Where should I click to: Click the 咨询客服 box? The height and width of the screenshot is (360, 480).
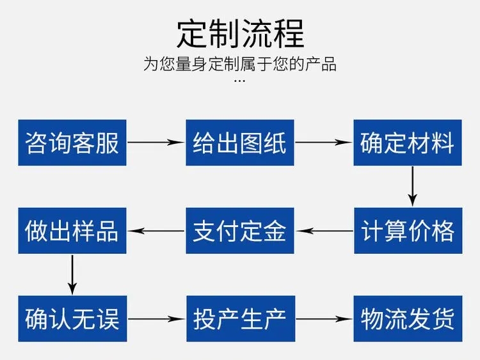[72, 143]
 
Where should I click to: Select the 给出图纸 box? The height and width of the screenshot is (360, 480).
[240, 143]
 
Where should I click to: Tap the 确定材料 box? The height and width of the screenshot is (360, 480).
[408, 143]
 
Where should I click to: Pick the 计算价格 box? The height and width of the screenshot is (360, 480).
[408, 231]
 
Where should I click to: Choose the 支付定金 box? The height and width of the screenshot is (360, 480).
[240, 231]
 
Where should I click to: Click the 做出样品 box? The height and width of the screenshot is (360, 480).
[72, 231]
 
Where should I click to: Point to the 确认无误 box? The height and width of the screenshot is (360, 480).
[72, 318]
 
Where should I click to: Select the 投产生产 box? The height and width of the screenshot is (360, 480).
[241, 318]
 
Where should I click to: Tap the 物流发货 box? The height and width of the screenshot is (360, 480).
[408, 318]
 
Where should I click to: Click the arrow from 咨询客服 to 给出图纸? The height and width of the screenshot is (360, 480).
[156, 142]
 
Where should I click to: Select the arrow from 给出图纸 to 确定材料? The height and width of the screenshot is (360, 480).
[324, 142]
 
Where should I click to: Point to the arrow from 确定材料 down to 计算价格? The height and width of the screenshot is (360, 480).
[413, 187]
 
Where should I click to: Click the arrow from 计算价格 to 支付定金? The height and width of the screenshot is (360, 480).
[324, 231]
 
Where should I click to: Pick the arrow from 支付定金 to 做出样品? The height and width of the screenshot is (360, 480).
[156, 231]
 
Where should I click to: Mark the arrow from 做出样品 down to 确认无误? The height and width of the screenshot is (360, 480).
[72, 275]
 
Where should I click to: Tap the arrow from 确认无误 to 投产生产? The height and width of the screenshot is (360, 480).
[156, 319]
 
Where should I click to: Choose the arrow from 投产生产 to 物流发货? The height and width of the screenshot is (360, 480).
[324, 319]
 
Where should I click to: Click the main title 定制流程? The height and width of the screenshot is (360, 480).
[240, 33]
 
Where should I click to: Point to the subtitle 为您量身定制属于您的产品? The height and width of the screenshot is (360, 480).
[240, 63]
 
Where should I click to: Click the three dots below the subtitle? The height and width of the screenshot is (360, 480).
[239, 81]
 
